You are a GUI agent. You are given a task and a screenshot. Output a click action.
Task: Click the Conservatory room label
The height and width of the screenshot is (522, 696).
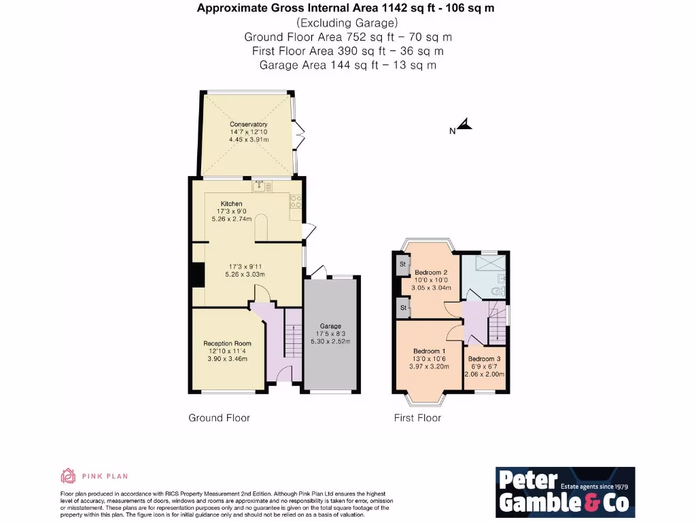(248, 124)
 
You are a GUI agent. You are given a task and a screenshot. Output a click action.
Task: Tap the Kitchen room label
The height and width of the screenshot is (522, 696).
(231, 204)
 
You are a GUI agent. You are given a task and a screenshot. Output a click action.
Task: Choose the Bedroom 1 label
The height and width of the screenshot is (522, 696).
(429, 351)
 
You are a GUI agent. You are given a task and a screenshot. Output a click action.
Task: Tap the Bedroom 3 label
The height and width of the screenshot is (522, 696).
(484, 359)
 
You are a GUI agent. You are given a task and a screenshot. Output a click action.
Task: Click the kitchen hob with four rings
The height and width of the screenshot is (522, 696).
(296, 201)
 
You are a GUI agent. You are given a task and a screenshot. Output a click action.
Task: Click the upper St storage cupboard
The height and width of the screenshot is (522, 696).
(402, 264)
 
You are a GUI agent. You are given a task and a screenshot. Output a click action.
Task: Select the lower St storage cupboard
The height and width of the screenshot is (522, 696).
(402, 308)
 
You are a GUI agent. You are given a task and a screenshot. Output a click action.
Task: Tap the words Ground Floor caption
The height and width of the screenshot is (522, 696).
(219, 418)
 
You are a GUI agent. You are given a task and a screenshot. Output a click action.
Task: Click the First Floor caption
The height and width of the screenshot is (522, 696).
(417, 418)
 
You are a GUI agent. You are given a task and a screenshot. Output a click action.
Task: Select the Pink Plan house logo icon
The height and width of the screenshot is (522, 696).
(68, 476)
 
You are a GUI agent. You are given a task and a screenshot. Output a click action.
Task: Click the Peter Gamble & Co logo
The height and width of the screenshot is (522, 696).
(565, 491)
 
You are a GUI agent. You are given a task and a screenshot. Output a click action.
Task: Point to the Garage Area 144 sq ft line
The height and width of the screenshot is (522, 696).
(348, 65)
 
